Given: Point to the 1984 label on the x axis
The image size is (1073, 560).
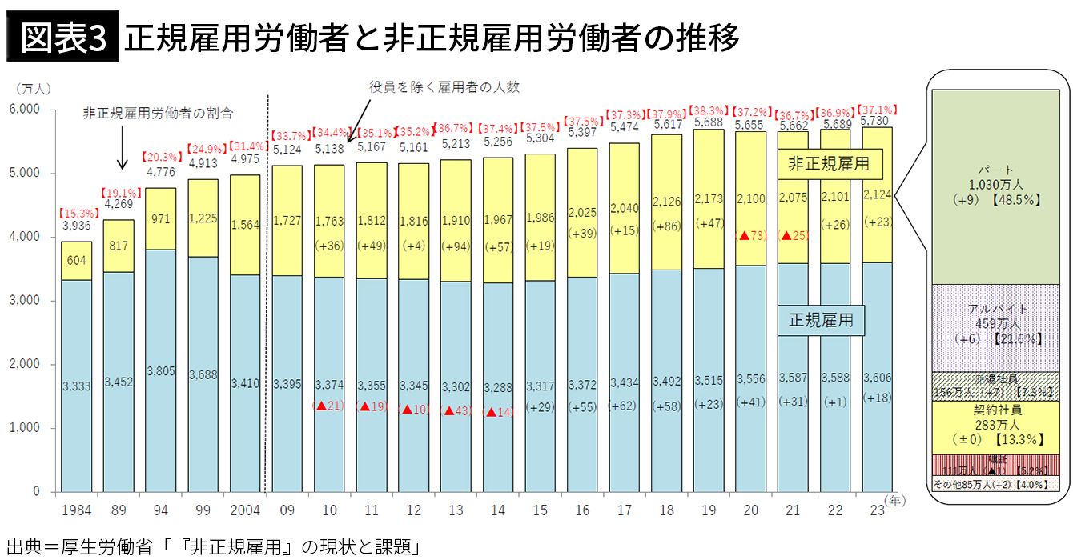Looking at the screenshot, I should coord(76,510).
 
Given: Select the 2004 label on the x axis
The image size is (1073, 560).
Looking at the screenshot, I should coord(245,510).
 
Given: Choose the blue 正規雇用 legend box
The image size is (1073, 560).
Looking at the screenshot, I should coord(821,321).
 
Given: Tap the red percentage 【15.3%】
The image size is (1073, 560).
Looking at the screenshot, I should coord(76,214).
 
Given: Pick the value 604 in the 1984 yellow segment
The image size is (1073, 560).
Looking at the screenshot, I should coord(76,261).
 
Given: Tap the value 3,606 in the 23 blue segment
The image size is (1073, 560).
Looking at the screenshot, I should coord(877,378).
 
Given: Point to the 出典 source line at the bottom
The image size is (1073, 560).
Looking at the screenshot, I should coord(212,547).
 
